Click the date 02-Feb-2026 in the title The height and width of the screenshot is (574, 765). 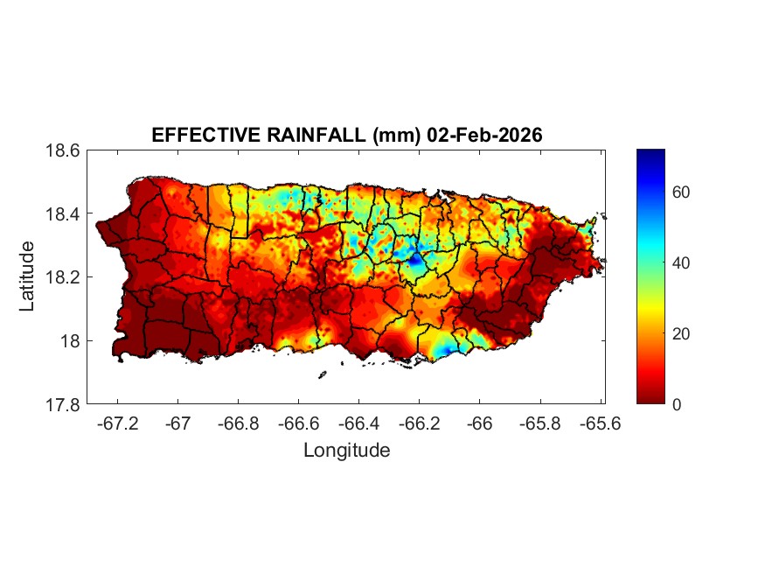point(485,136)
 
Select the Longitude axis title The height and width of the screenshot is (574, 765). point(346,451)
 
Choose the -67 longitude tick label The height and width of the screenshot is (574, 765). point(178,423)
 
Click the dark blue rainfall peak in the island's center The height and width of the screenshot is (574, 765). point(414,259)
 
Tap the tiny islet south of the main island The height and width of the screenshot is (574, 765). point(322,375)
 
